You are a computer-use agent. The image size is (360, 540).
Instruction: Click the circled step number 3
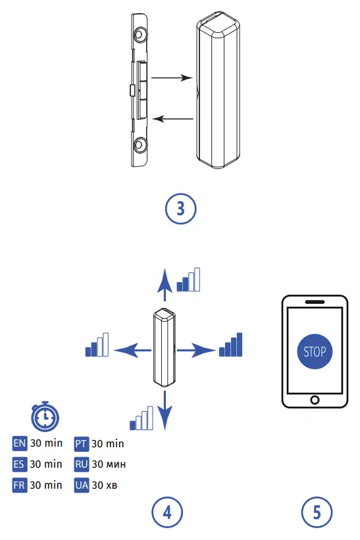click(x=180, y=209)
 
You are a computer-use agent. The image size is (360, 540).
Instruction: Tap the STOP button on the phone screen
click(x=315, y=351)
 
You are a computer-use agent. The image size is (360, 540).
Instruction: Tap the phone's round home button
click(x=315, y=400)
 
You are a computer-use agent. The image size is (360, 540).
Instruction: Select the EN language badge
click(x=20, y=443)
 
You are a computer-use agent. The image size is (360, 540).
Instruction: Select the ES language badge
click(x=20, y=464)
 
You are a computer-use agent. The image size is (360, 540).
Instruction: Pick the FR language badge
click(x=20, y=485)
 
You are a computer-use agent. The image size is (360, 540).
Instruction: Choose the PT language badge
click(x=82, y=443)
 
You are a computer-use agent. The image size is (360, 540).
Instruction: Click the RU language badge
click(x=82, y=464)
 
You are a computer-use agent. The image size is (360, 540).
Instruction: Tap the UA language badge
click(x=82, y=485)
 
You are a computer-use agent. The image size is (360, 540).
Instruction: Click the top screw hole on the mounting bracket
click(x=140, y=35)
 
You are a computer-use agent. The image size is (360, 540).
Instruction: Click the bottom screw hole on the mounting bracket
click(x=140, y=145)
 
